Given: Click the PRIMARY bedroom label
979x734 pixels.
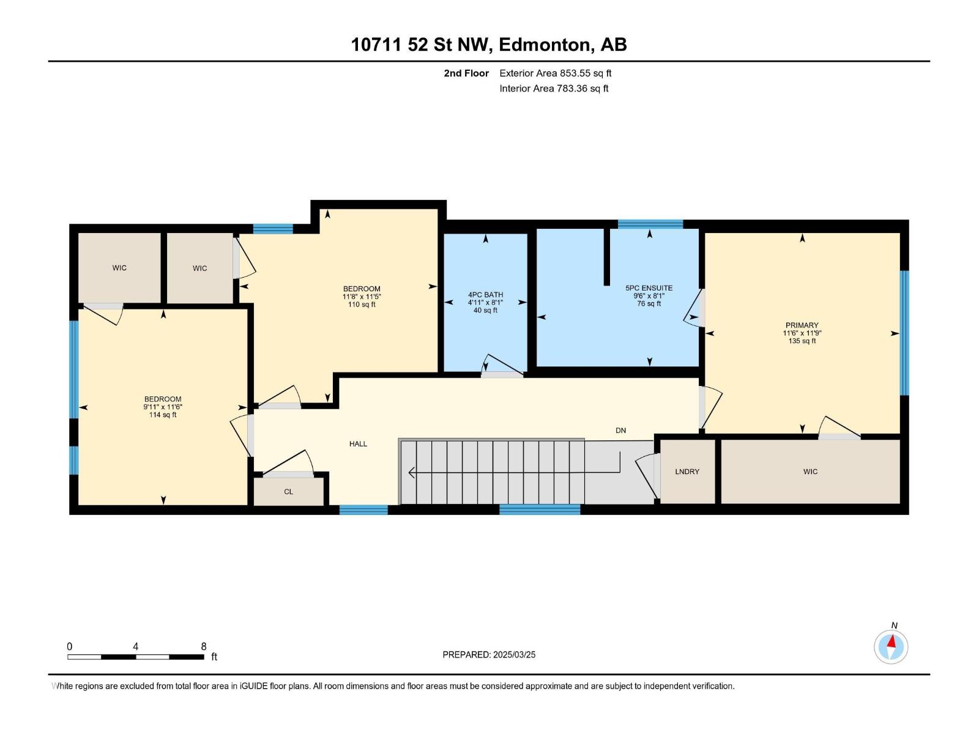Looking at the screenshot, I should pos(802,325).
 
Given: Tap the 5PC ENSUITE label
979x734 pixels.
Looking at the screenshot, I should pos(649,288).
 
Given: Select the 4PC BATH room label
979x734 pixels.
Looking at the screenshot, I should pos(485,295).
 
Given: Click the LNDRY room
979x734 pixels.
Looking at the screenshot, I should pos(687,472).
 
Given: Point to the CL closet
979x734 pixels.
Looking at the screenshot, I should pos(288,492).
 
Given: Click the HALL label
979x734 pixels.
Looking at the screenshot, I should pos(358,444).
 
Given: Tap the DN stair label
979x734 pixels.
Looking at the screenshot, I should pos(620,431).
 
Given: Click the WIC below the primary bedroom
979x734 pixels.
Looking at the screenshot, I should pos(810,472).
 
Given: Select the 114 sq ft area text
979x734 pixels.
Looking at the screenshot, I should pos(163,415).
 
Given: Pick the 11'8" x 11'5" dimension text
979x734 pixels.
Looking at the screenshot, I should pos(362,297).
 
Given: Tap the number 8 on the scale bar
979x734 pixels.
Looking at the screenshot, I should pos(204,647).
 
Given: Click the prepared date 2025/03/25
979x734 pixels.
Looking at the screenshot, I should pos(514,654).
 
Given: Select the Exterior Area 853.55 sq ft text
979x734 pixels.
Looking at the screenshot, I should pos(555,73).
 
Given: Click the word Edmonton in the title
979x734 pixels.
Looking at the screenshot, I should pos(545,45).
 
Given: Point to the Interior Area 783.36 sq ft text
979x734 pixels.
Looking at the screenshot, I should pos(554,89).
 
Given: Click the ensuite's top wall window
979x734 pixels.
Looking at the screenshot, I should pos(650,224).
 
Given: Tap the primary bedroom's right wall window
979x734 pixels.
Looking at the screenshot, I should pos(904,333).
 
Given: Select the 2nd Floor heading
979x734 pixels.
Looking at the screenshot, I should pos(466,73).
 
